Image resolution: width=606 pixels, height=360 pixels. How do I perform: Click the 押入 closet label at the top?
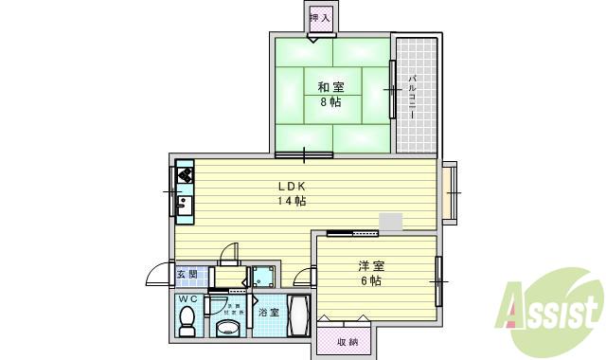[320, 18]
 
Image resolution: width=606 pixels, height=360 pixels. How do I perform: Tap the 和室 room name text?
[330, 86]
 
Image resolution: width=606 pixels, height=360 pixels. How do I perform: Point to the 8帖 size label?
[330, 101]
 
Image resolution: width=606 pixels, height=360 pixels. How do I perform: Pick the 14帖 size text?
[291, 201]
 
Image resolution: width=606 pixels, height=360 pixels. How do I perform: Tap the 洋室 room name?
[370, 266]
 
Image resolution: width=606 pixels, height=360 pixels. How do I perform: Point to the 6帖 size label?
[370, 281]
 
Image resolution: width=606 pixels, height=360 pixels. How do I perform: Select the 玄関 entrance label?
[187, 276]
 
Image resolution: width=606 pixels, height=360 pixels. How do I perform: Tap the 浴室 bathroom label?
[269, 312]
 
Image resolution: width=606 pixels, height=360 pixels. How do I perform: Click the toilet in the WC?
[187, 322]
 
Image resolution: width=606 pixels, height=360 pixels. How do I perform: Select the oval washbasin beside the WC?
[227, 328]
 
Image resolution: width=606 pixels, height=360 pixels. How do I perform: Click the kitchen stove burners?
[184, 175]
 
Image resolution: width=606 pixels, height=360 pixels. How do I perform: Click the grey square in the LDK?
[389, 222]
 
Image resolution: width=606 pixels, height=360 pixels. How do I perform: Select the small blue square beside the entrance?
[262, 277]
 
